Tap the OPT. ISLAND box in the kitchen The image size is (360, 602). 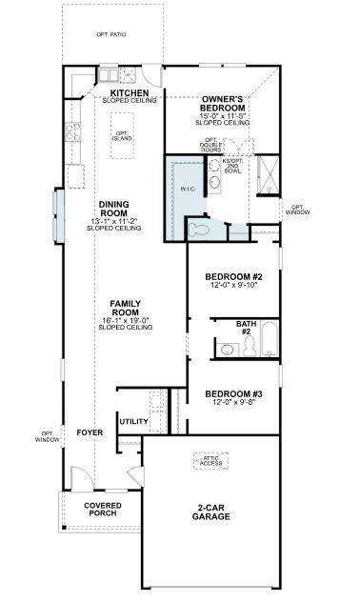[x=122, y=137]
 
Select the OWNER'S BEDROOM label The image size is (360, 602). [x=224, y=104]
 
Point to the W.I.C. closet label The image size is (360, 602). [x=187, y=189]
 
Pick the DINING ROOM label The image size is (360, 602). [x=113, y=208]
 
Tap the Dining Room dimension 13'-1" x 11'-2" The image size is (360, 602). [x=113, y=221]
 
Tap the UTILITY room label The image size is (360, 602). [x=132, y=420]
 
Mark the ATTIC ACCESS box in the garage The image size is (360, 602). [x=211, y=462]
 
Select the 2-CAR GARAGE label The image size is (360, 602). [x=211, y=512]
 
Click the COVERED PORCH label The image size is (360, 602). [x=102, y=510]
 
